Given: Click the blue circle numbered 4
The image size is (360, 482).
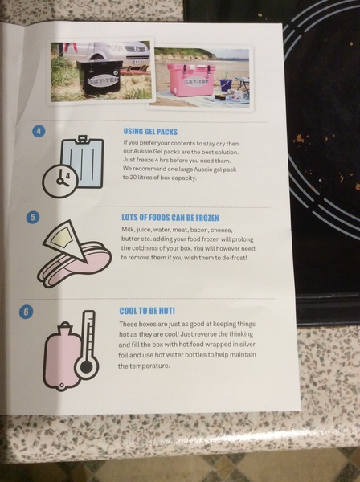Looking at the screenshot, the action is (39, 131).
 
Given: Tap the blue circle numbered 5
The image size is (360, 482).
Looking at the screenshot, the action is (33, 218).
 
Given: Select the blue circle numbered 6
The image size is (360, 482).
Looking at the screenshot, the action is (26, 312).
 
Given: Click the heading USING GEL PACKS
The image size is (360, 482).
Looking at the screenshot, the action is (150, 132).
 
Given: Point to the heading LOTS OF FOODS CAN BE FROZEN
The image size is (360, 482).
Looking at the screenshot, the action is (170, 218).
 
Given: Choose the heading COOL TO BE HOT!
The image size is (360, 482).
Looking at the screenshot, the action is (147, 311).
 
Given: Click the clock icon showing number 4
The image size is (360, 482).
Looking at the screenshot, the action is (60, 181).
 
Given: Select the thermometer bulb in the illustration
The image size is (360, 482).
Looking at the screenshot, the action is (87, 366).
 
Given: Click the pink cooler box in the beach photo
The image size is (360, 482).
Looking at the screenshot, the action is (190, 80).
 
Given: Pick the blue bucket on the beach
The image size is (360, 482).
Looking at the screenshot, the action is (225, 84).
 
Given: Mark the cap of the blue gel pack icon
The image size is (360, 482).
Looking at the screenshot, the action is (82, 139).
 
